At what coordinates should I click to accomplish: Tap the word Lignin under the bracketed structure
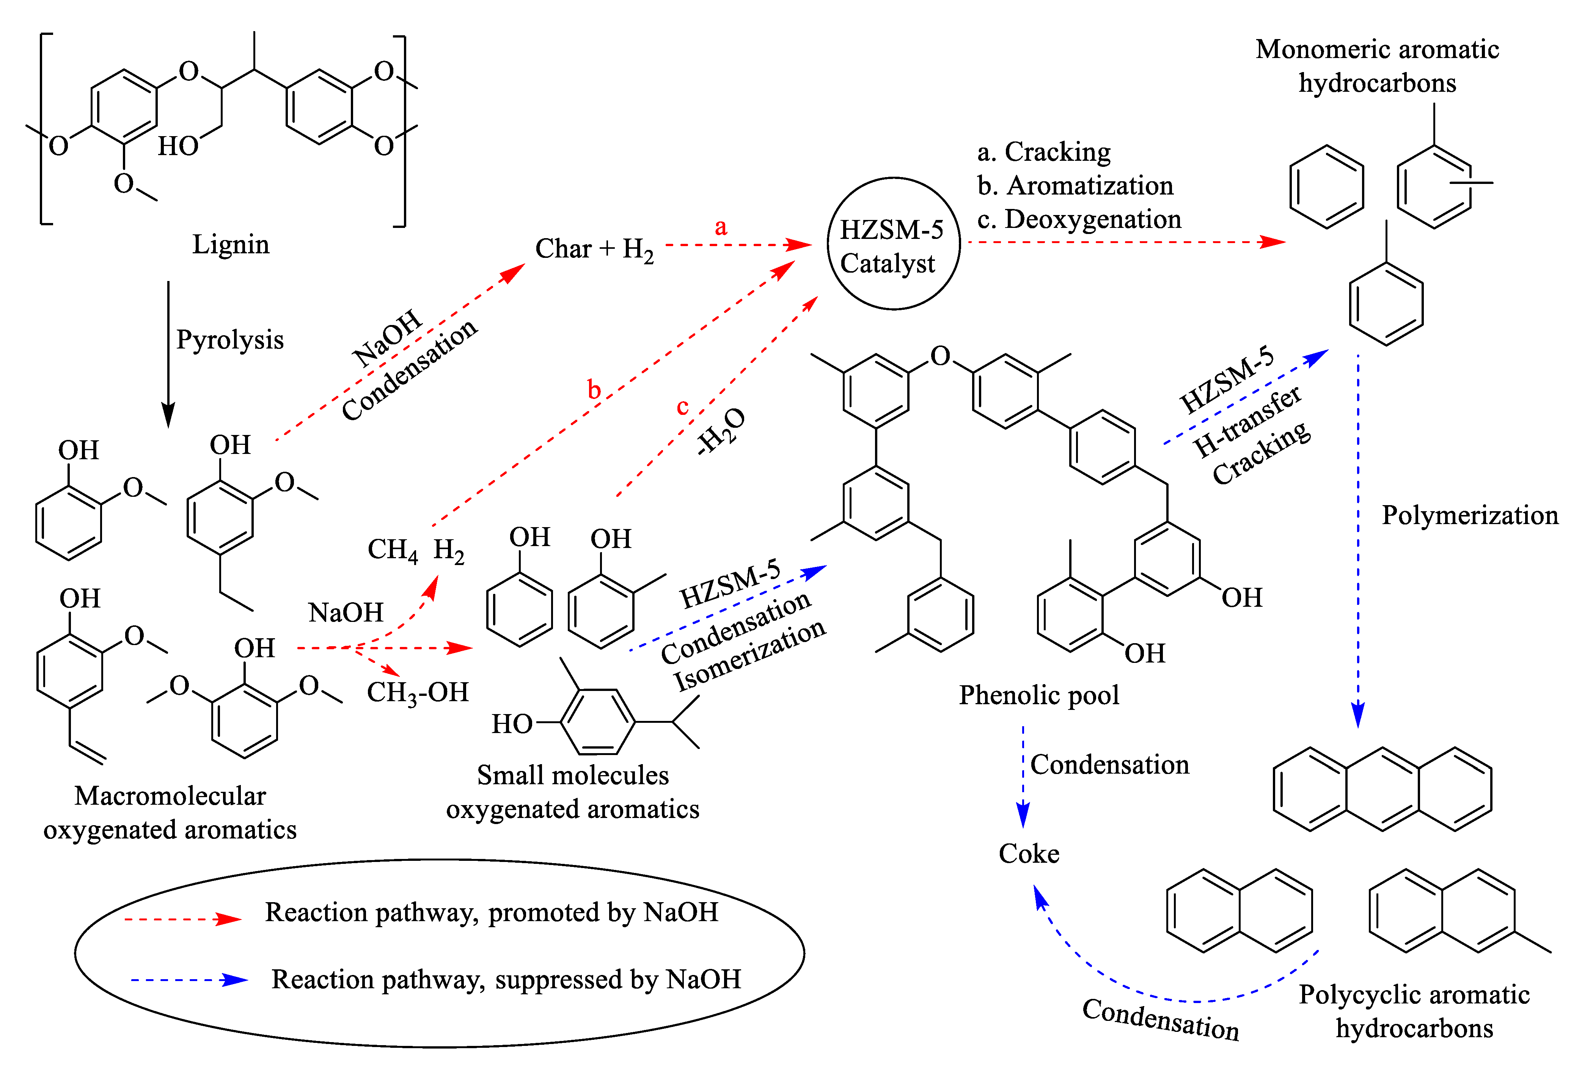(x=231, y=244)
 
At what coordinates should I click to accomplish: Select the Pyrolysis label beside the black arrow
(x=230, y=339)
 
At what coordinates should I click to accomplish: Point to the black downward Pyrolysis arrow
(x=168, y=352)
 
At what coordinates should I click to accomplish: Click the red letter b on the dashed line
(x=594, y=390)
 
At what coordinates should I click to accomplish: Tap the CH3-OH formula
(x=417, y=693)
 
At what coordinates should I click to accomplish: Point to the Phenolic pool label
(x=1038, y=695)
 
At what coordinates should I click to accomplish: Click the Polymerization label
(x=1469, y=515)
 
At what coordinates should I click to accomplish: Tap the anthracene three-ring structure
(x=1382, y=789)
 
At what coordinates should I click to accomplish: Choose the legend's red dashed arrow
(x=182, y=918)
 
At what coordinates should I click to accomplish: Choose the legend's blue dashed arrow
(x=189, y=980)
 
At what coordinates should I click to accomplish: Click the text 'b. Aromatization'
(x=1075, y=186)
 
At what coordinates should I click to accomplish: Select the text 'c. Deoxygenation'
(x=1079, y=220)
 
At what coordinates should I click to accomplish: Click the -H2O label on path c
(x=721, y=431)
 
